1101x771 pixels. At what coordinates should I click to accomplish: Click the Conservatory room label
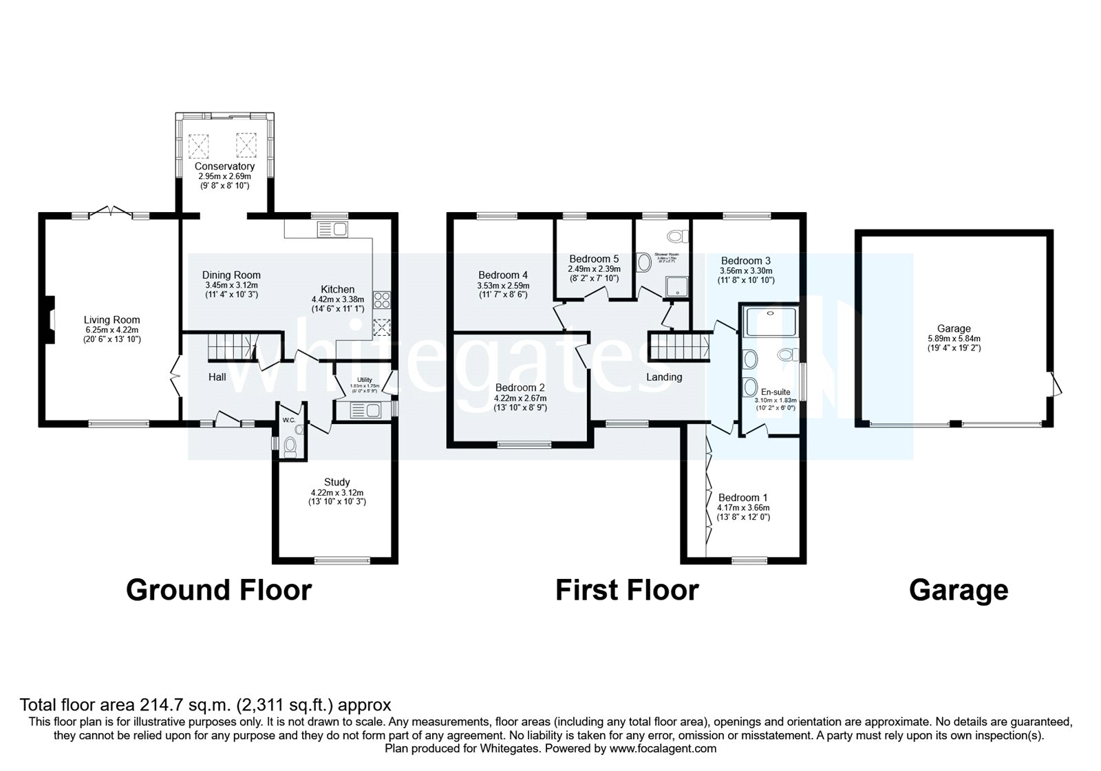pyautogui.click(x=224, y=167)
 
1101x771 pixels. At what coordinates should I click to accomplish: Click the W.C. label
pyautogui.click(x=288, y=420)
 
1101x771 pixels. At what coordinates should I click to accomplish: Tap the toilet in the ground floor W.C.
pyautogui.click(x=290, y=447)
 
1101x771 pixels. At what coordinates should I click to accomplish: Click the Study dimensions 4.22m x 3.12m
pyautogui.click(x=337, y=493)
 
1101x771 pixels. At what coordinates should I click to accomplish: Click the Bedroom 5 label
pyautogui.click(x=594, y=260)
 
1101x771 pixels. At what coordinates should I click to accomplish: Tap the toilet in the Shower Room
pyautogui.click(x=678, y=237)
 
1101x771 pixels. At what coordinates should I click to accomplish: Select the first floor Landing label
pyautogui.click(x=664, y=377)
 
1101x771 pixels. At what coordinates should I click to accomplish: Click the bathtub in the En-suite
pyautogui.click(x=769, y=321)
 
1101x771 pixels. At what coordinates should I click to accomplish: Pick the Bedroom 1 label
pyautogui.click(x=743, y=498)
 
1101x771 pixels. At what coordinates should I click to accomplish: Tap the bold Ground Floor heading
pyautogui.click(x=219, y=591)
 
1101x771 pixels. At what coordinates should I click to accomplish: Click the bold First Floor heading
pyautogui.click(x=627, y=591)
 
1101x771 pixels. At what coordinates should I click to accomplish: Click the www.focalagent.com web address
pyautogui.click(x=663, y=748)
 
